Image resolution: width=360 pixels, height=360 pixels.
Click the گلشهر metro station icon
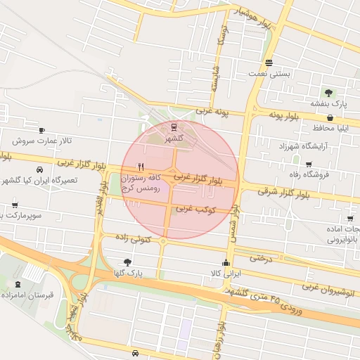pyautogui.click(x=173, y=127)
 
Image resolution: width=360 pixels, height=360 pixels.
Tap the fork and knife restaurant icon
pyautogui.click(x=141, y=167)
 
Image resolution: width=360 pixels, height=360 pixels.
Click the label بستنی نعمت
pyautogui.click(x=269, y=73)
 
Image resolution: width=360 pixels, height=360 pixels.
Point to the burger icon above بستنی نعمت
pyautogui.click(x=269, y=61)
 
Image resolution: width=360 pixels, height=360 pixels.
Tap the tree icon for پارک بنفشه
pyautogui.click(x=328, y=92)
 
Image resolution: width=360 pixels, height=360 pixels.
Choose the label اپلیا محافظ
pyautogui.click(x=333, y=128)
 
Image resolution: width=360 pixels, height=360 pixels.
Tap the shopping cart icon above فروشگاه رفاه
pyautogui.click(x=309, y=163)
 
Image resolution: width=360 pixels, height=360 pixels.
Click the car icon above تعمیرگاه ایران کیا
pyautogui.click(x=39, y=169)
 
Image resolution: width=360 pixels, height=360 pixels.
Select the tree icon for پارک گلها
pyautogui.click(x=127, y=262)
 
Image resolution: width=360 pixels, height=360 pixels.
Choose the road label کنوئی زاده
pyautogui.click(x=131, y=240)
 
